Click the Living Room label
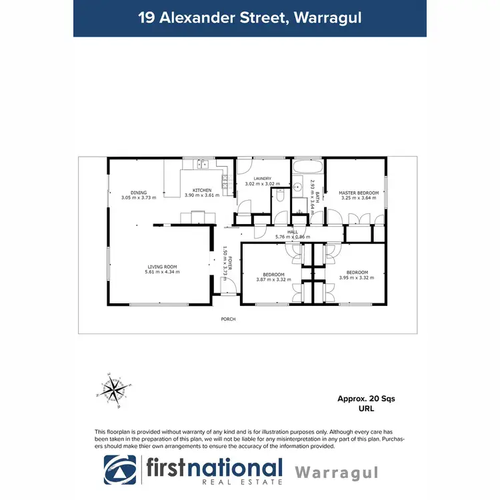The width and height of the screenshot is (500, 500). [x=163, y=267]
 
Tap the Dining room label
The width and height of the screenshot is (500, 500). [x=139, y=193]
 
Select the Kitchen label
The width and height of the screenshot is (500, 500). [x=202, y=190]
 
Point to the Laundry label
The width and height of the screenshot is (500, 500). [x=257, y=179]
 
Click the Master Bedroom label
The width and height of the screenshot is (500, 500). [x=359, y=193]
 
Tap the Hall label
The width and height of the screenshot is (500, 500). [x=292, y=232]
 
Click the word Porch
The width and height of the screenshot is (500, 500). [x=229, y=319]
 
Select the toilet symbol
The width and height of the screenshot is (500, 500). [x=281, y=197]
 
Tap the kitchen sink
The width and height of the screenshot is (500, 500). [x=201, y=163]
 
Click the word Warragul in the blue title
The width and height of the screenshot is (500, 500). [x=327, y=18]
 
